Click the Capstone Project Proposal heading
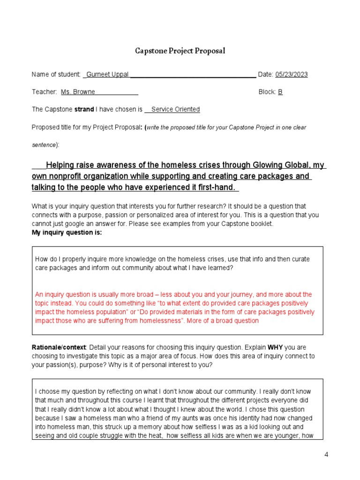tap(180, 51)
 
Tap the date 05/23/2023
tap(291, 75)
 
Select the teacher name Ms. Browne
tap(78, 92)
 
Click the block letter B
tap(280, 92)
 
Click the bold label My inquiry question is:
tap(67, 232)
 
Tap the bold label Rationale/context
tap(59, 347)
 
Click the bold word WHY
tap(275, 347)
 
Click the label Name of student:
tap(56, 75)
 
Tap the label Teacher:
tap(45, 92)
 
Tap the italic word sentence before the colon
tap(44, 145)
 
